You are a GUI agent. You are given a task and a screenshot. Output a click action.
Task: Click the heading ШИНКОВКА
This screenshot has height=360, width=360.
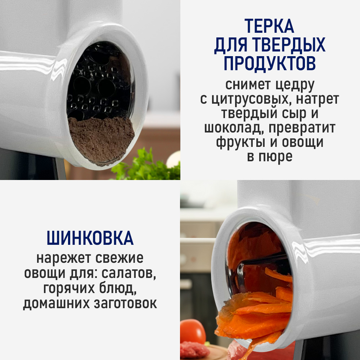[x=90, y=238]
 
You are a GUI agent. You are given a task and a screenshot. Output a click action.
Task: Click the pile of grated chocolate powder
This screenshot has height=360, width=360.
[x=101, y=139]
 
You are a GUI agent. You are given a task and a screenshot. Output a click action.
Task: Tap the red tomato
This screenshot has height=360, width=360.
[x=192, y=331]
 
